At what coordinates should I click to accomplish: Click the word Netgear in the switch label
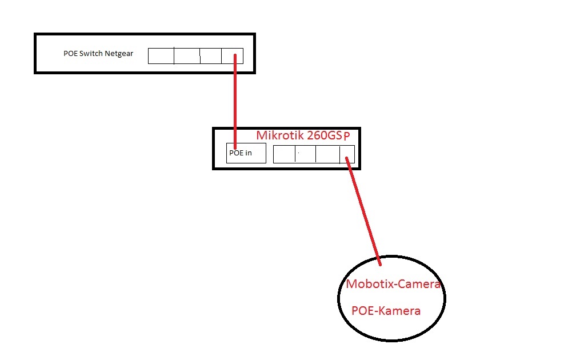click(x=119, y=54)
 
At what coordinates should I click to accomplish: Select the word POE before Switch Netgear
click(x=71, y=54)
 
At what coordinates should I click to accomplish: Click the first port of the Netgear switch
click(x=161, y=56)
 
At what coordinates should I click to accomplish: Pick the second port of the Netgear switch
click(x=187, y=56)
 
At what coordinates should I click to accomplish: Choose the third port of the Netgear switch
click(x=211, y=56)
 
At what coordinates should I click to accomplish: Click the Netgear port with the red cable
click(x=232, y=55)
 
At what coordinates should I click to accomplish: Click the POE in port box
click(x=246, y=153)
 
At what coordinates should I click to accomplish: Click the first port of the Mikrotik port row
click(x=284, y=154)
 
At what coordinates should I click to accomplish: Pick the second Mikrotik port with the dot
click(x=305, y=154)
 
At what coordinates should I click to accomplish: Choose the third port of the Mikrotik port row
click(x=327, y=154)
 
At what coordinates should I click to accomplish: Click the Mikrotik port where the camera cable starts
click(x=347, y=154)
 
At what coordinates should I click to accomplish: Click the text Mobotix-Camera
click(x=394, y=284)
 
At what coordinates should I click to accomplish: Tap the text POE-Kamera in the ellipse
click(x=386, y=311)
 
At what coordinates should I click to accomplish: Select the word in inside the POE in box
click(x=248, y=153)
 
